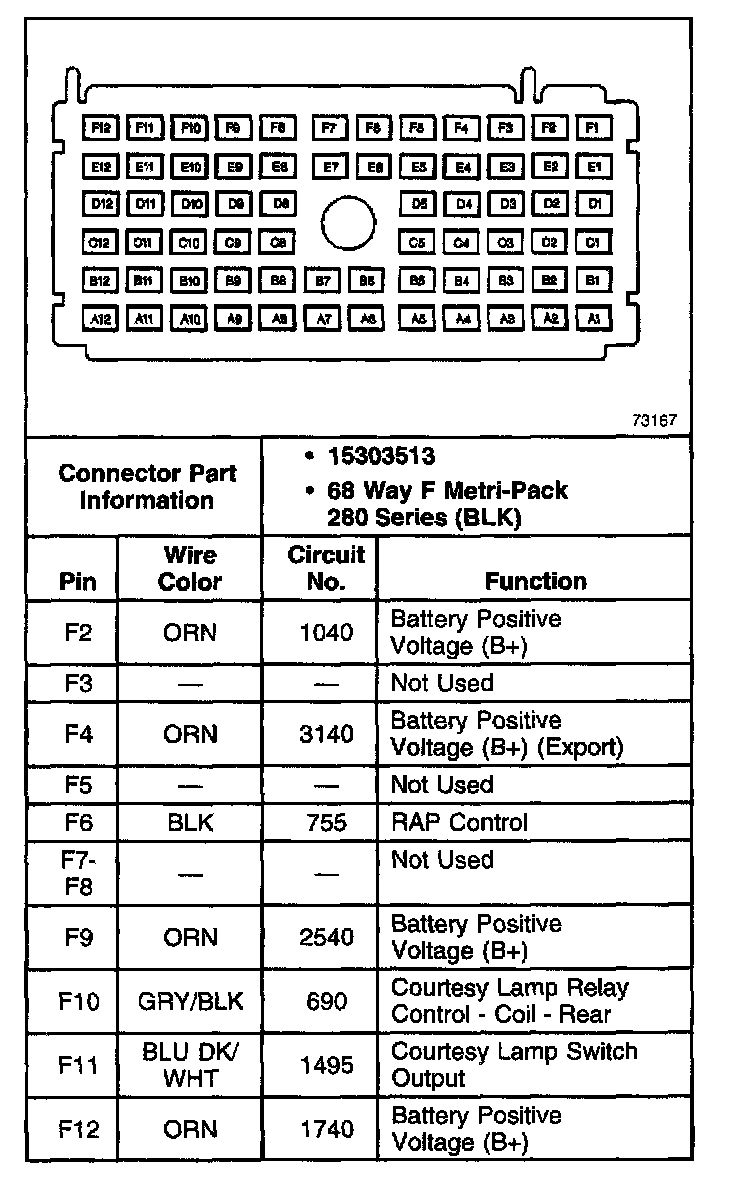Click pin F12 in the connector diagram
point(101,128)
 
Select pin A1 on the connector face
point(594,319)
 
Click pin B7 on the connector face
point(323,281)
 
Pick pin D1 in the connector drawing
point(594,204)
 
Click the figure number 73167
point(654,420)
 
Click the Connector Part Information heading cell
point(145,486)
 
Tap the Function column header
point(535,581)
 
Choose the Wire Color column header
point(190,568)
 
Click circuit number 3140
point(326,734)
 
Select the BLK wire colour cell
point(190,822)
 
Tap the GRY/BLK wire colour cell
point(190,1001)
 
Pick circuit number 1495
point(326,1065)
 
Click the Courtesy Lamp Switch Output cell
point(513,1065)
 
